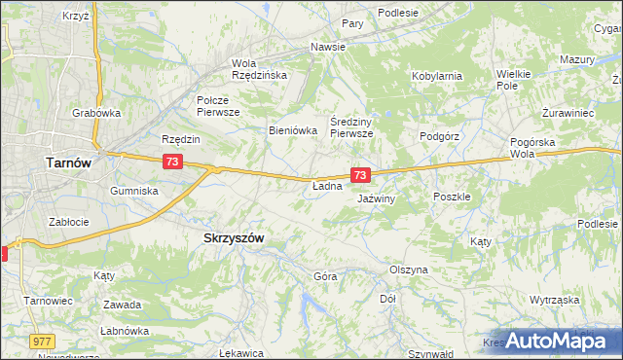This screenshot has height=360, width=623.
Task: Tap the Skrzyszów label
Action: point(234,237)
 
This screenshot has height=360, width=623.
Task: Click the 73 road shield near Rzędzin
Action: point(171,160)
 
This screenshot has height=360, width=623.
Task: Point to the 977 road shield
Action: point(41,341)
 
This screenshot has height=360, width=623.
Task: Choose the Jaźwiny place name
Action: point(376,198)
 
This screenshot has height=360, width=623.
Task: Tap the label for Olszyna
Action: point(409,270)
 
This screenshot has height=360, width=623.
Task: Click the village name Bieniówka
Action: point(294,129)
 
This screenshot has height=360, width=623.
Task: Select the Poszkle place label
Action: point(452,196)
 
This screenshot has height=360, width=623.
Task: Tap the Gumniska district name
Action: point(134,191)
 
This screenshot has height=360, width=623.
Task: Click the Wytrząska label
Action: point(555,300)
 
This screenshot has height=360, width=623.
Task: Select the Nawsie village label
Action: point(329,47)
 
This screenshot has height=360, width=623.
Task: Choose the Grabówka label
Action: point(96,113)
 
